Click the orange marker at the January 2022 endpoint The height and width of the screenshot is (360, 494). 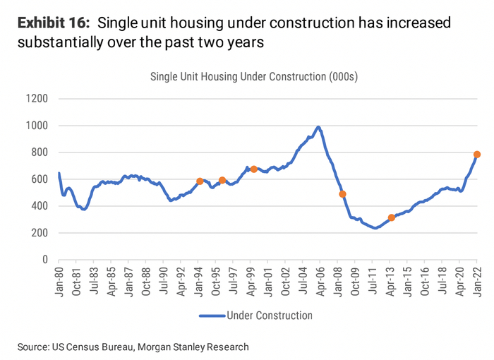pos(477,155)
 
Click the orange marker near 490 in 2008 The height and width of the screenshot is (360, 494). pos(342,194)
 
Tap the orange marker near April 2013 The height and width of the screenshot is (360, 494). pos(392,217)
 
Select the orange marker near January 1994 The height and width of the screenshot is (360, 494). pos(200,181)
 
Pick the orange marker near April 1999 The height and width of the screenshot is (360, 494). pos(253,169)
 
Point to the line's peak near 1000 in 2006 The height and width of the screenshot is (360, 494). pos(318,127)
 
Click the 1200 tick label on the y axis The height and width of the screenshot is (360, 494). pos(36,99)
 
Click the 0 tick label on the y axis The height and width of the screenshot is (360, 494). pos(44,260)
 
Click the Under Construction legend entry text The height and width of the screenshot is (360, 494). pos(269,315)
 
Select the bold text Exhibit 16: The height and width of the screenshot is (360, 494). pos(54,23)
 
